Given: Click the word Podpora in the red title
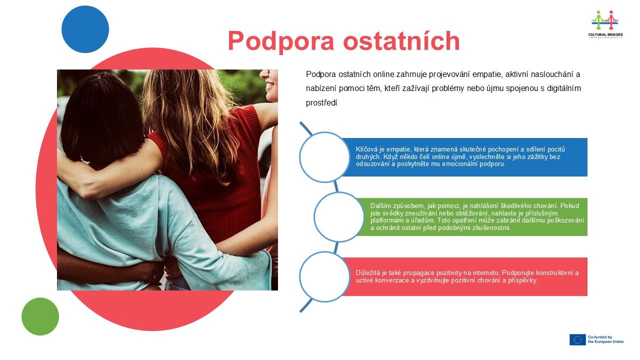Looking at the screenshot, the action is pyautogui.click(x=281, y=41).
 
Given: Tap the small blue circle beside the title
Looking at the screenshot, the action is pyautogui.click(x=85, y=29).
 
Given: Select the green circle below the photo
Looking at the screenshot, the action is pyautogui.click(x=40, y=316).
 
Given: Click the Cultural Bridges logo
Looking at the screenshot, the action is pyautogui.click(x=605, y=24).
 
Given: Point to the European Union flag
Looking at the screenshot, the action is pyautogui.click(x=577, y=339).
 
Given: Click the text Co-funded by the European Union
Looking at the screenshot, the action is pyautogui.click(x=605, y=339).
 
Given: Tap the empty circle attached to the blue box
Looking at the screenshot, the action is pyautogui.click(x=324, y=157).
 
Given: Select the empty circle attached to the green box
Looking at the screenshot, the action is pyautogui.click(x=339, y=217).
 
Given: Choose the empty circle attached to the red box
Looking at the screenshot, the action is pyautogui.click(x=324, y=277).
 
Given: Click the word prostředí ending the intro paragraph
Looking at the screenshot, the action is pyautogui.click(x=321, y=103).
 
